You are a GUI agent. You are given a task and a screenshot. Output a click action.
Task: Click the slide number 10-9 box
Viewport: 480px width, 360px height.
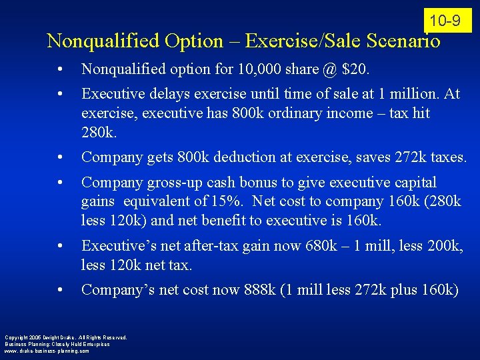click(445, 21)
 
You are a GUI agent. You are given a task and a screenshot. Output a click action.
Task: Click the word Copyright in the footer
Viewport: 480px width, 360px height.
click(16, 337)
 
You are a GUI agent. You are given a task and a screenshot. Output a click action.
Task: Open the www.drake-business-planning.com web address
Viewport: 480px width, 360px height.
click(47, 351)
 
